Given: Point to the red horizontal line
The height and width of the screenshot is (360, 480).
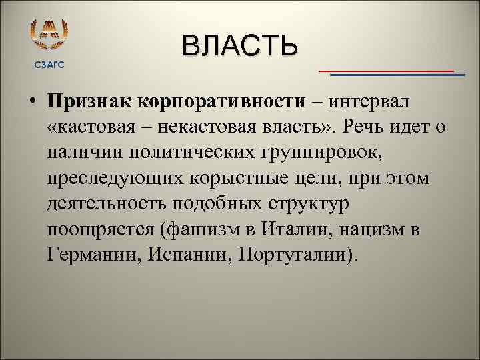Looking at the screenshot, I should click(x=387, y=70).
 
